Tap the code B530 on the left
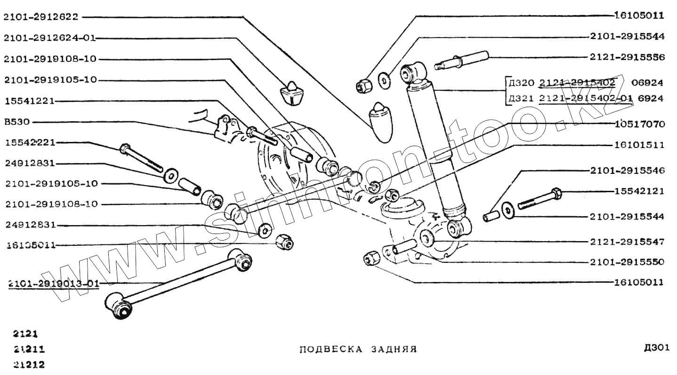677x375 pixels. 16,122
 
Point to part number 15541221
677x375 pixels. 29,101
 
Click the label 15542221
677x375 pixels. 29,142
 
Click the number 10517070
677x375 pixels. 639,125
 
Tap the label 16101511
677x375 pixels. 639,145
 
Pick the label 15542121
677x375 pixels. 639,191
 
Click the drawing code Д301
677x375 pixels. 656,348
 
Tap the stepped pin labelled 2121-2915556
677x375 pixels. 464,60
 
